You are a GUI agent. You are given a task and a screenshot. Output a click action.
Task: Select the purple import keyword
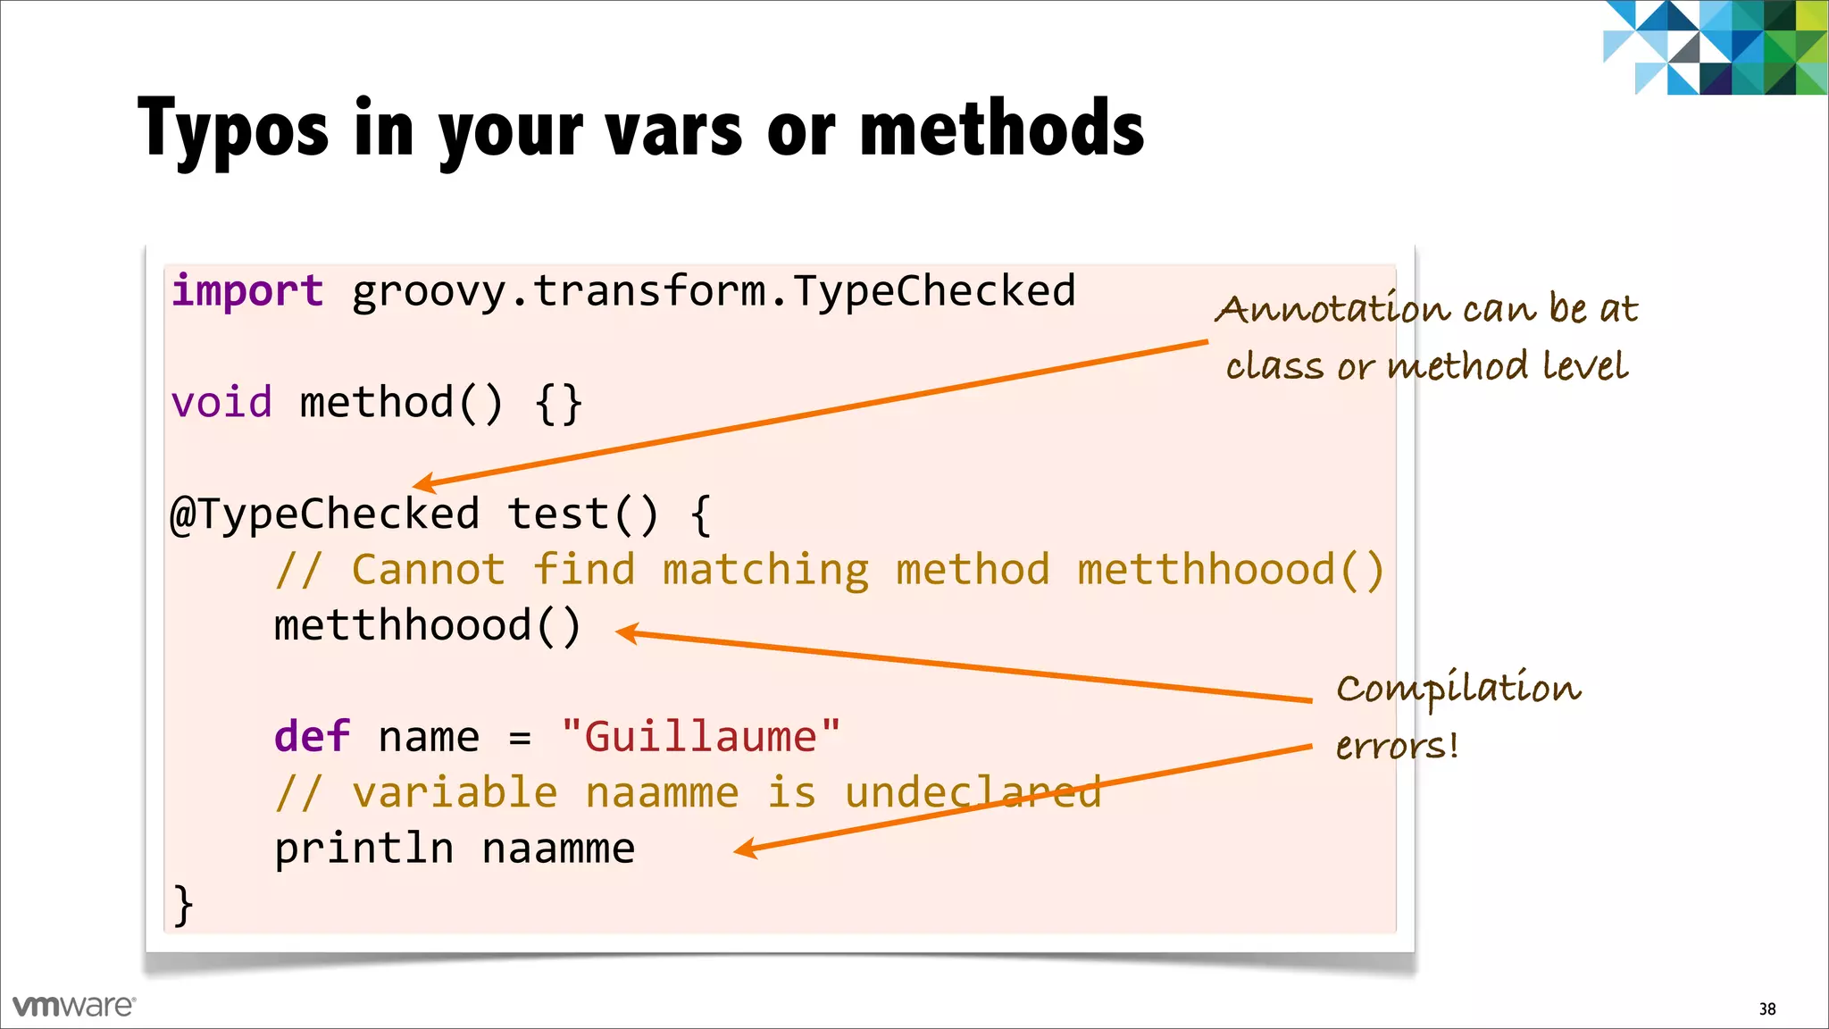click(x=247, y=292)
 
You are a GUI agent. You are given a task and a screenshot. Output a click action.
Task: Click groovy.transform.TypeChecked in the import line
click(x=714, y=292)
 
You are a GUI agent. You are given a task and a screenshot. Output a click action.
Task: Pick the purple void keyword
click(x=221, y=403)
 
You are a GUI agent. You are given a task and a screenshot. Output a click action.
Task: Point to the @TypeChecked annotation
click(x=325, y=514)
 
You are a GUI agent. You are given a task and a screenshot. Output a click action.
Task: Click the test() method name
click(x=583, y=514)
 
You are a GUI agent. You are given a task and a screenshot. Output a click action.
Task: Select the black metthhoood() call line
click(x=428, y=625)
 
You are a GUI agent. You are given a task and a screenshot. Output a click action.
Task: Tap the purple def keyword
click(x=312, y=737)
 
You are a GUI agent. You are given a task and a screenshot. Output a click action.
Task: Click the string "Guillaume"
click(x=701, y=737)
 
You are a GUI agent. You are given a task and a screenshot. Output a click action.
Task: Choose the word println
click(x=363, y=849)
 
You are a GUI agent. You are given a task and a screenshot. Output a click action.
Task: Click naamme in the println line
click(x=558, y=849)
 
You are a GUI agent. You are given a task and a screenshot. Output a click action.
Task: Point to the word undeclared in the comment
click(x=973, y=793)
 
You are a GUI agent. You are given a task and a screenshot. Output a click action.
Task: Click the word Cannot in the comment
click(x=428, y=570)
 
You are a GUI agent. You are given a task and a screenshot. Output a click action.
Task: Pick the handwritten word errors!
click(x=1397, y=746)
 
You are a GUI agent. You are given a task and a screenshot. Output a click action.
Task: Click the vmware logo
click(x=74, y=1006)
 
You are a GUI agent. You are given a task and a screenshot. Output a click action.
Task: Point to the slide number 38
click(x=1767, y=1009)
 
